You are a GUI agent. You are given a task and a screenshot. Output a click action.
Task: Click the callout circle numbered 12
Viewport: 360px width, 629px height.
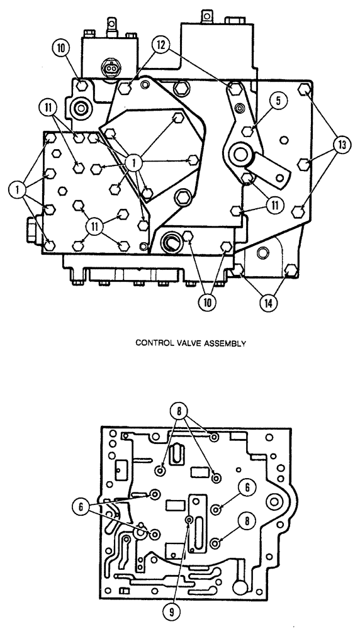coord(160,45)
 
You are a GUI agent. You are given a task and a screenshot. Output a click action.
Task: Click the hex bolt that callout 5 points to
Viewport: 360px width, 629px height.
coord(250,131)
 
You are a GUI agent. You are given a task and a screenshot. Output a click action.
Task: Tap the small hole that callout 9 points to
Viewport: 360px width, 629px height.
coord(189,520)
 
